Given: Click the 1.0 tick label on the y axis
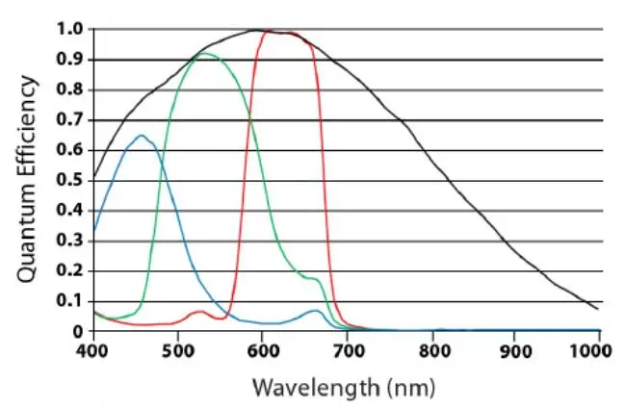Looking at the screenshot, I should pyautogui.click(x=68, y=30).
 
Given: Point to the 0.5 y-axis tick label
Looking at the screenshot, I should pyautogui.click(x=68, y=181).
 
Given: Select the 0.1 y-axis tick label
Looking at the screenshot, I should pyautogui.click(x=68, y=301).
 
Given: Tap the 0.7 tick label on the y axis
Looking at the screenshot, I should pyautogui.click(x=68, y=120).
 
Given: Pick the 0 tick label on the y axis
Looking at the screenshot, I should pyautogui.click(x=78, y=332).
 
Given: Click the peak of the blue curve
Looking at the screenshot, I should pyautogui.click(x=142, y=136).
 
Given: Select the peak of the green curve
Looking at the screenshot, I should pyautogui.click(x=205, y=54).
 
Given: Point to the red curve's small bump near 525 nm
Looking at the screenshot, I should pyautogui.click(x=198, y=312).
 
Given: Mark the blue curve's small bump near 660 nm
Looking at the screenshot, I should pyautogui.click(x=315, y=311).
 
